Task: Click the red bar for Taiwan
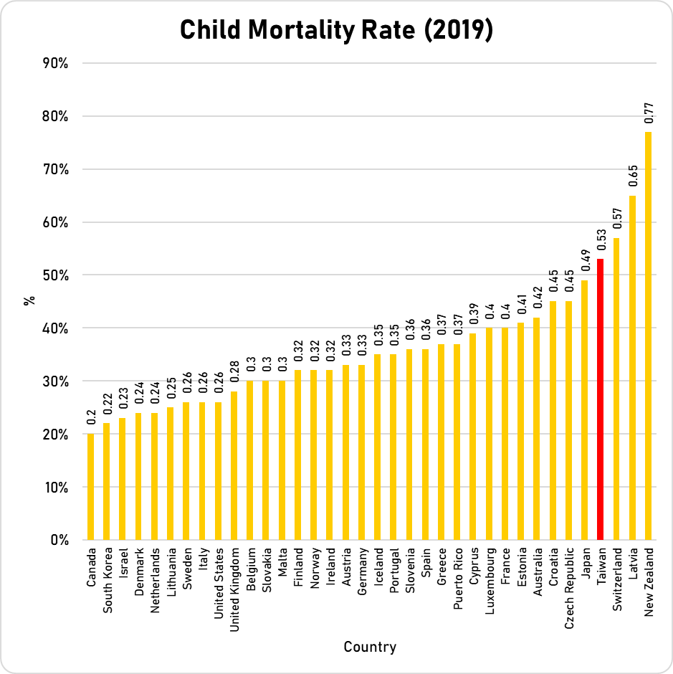click(601, 399)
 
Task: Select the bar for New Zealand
click(649, 336)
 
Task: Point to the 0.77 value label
click(649, 115)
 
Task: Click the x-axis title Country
click(369, 647)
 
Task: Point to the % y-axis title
click(29, 300)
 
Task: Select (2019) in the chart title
click(452, 31)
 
